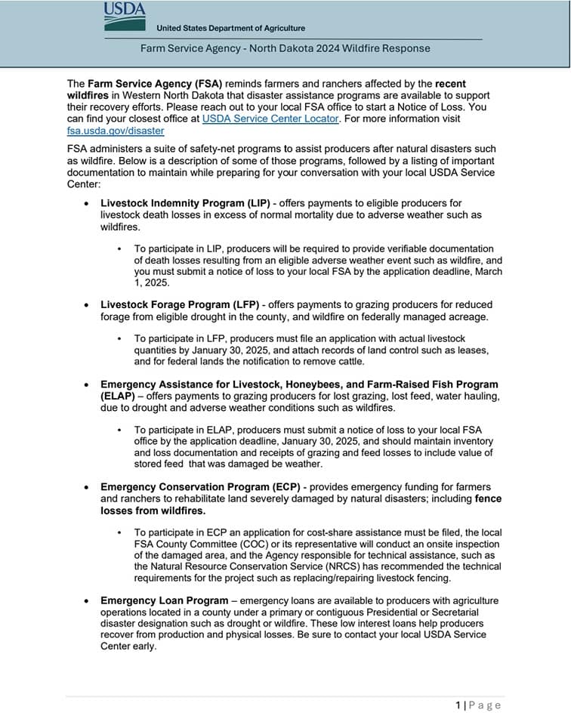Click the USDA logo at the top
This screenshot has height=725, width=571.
coord(125,15)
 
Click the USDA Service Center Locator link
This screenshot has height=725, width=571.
coord(270,119)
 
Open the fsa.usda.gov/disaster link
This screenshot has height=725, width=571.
coord(116,131)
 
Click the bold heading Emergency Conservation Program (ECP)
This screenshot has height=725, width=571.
coord(199,487)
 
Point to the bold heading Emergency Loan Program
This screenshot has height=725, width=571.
coord(164,600)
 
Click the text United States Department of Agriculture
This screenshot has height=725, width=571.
coord(230,29)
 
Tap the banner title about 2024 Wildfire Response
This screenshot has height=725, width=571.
coord(285,48)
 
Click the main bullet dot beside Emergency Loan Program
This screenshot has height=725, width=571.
coord(89,601)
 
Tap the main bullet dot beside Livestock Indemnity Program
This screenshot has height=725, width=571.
coord(89,204)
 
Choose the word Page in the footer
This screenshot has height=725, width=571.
coord(485,705)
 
